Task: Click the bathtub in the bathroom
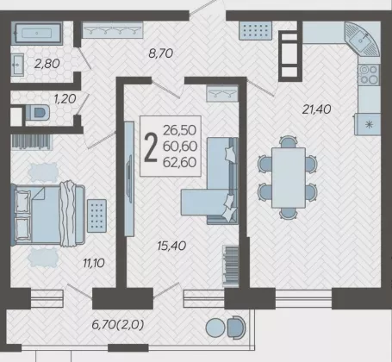(x=37, y=34)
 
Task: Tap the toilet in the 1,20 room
(x=37, y=112)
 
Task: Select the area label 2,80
(x=47, y=64)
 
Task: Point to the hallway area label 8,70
(x=161, y=53)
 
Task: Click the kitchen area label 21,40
(x=317, y=109)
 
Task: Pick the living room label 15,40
(x=171, y=246)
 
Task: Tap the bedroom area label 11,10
(x=94, y=263)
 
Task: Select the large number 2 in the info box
(x=151, y=148)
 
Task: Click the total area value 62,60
(x=180, y=162)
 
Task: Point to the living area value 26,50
(x=180, y=130)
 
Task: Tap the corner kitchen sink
(x=363, y=39)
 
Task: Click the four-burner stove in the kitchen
(x=369, y=74)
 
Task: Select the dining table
(x=289, y=178)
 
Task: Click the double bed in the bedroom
(x=48, y=215)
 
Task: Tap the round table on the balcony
(x=215, y=328)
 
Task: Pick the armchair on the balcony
(x=237, y=328)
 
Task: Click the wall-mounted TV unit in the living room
(x=129, y=178)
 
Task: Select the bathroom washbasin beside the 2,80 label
(x=17, y=65)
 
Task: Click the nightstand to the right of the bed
(x=96, y=215)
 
